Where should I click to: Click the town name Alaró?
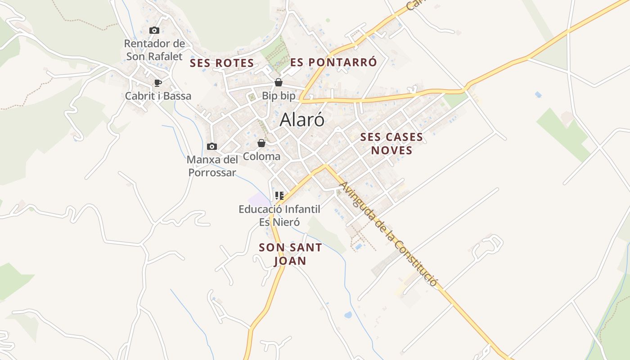tap(302, 120)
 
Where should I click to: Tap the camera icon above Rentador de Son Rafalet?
tap(154, 31)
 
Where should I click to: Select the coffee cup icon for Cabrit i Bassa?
tap(157, 83)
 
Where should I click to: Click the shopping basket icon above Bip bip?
tap(279, 82)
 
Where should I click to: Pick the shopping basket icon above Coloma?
tap(261, 143)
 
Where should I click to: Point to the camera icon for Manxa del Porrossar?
tap(211, 146)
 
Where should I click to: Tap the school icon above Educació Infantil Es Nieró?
tap(279, 196)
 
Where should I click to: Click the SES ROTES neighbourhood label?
tap(222, 63)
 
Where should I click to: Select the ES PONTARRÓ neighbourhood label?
tap(333, 62)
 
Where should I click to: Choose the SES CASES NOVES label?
tap(391, 144)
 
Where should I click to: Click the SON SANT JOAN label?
tap(290, 254)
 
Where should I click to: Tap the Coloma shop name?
tap(261, 157)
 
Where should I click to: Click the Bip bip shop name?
tap(279, 96)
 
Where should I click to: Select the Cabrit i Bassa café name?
tap(158, 96)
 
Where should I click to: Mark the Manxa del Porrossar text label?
tap(212, 166)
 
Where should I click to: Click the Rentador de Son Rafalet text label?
tap(154, 50)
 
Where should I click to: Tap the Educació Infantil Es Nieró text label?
tap(279, 215)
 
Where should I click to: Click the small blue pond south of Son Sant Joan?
tap(348, 315)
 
